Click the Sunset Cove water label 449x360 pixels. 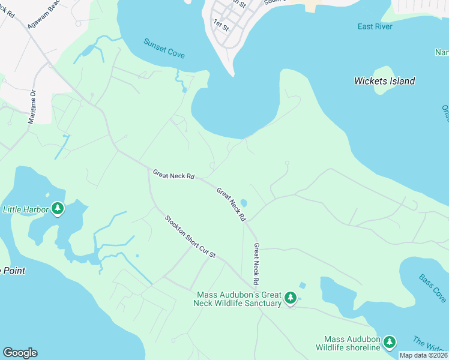click(x=164, y=48)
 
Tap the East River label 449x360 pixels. click(x=375, y=26)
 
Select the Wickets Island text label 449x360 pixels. click(x=384, y=81)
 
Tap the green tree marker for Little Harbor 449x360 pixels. click(x=58, y=209)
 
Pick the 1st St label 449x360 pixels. click(x=221, y=25)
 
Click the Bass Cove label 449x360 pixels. click(x=432, y=289)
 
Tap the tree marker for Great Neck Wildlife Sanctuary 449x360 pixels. click(x=291, y=298)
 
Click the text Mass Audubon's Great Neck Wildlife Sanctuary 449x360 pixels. click(x=239, y=299)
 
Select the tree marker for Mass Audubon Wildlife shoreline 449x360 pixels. click(x=390, y=342)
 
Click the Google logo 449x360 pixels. click(x=20, y=353)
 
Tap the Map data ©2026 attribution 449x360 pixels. click(x=423, y=355)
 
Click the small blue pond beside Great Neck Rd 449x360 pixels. click(x=243, y=203)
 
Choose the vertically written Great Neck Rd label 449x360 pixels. click(x=256, y=264)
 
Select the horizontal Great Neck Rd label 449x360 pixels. click(x=173, y=175)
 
